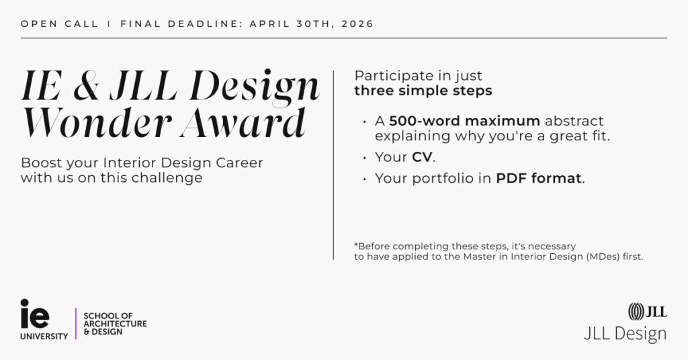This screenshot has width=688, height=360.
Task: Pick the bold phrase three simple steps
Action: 423,91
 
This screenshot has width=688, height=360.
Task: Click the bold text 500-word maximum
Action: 464,122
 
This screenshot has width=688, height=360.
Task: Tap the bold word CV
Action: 423,157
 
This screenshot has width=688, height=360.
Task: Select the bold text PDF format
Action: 539,179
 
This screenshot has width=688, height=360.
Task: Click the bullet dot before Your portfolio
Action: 364,179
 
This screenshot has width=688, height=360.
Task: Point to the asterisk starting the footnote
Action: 355,244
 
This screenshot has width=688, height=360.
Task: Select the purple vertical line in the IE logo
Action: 76,323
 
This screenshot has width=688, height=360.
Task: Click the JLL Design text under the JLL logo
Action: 625,334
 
